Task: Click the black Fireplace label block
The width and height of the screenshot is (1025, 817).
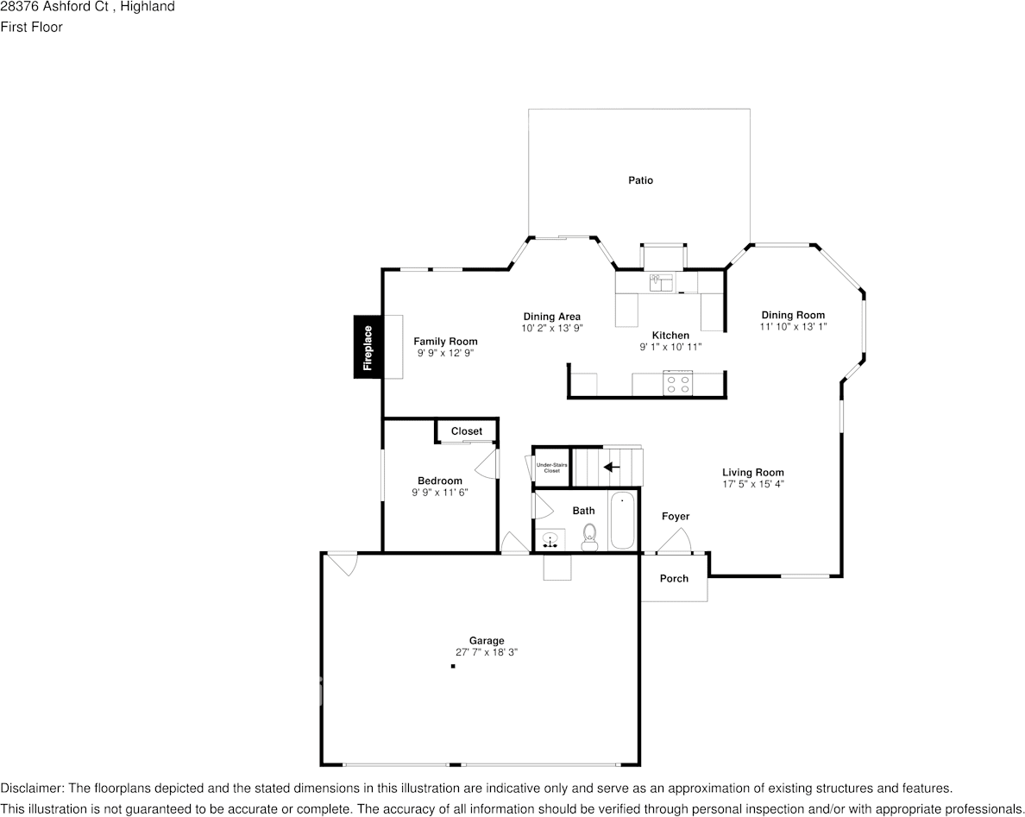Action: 368,347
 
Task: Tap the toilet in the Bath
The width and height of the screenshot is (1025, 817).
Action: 589,537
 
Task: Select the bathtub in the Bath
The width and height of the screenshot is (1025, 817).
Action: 622,521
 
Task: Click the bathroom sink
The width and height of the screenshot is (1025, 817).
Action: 550,541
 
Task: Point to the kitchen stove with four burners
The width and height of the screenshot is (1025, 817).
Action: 678,383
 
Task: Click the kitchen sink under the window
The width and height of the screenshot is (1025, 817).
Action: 661,283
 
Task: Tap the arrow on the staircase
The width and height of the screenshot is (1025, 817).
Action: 612,467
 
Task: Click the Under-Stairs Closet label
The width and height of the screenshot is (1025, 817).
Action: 552,468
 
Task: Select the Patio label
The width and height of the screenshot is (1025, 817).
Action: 640,180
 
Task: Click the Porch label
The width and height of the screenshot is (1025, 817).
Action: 674,578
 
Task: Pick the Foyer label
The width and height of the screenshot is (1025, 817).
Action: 676,517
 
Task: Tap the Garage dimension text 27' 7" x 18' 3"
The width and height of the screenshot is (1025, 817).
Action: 487,652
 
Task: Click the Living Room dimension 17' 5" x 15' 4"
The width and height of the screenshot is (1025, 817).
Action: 753,484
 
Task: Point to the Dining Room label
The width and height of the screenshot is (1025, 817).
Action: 793,315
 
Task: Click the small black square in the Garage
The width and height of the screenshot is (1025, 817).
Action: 452,667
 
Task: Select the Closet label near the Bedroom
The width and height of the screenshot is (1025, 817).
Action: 467,431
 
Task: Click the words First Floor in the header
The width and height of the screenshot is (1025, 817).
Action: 31,27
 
